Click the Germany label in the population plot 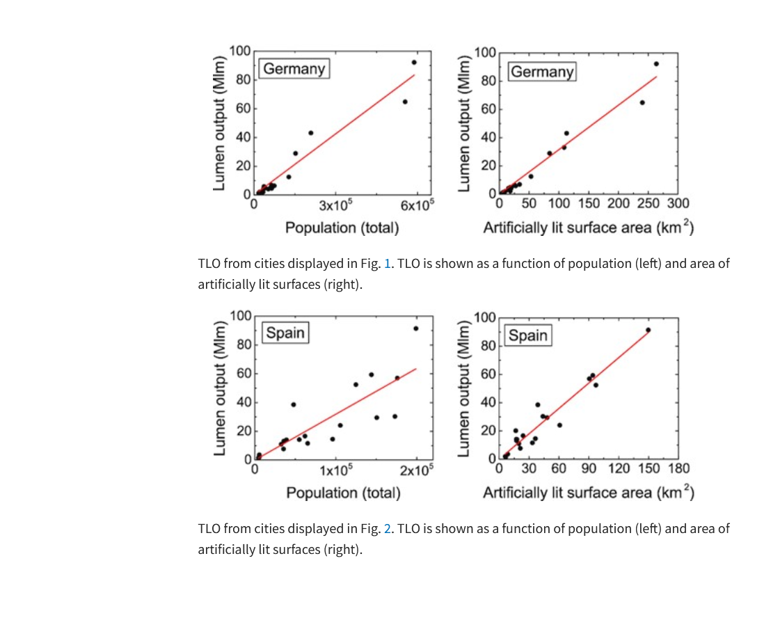point(294,68)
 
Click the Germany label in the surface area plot point(542,72)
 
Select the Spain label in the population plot point(285,333)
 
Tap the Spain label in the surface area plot point(528,335)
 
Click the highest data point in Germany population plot point(414,62)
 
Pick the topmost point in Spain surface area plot point(648,330)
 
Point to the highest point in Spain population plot point(416,328)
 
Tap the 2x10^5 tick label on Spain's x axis point(416,470)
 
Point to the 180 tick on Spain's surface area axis point(678,468)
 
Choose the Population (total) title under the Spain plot point(344,493)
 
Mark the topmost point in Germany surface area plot point(656,64)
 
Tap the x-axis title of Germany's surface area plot point(588,228)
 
